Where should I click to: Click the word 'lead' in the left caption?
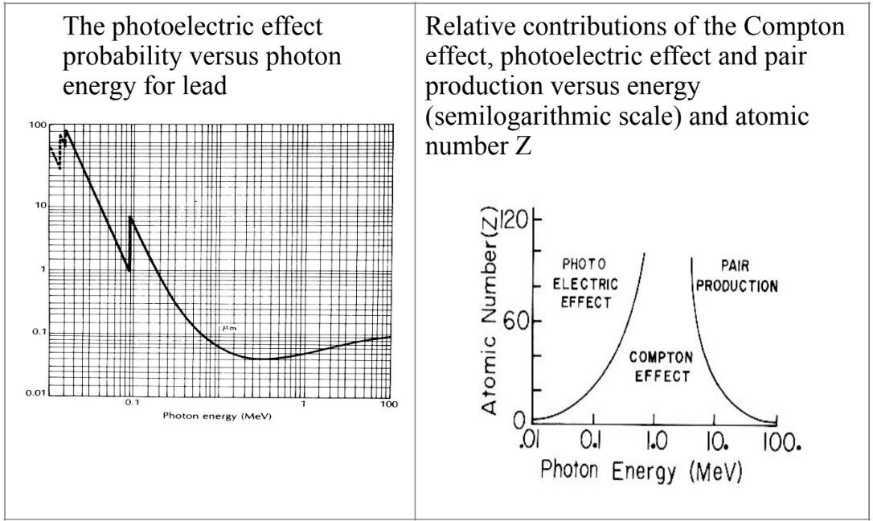tap(201, 84)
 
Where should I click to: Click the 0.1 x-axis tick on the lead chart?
tap(132, 403)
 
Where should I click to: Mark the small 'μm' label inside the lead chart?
tap(227, 328)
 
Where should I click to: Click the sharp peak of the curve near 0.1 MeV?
tap(130, 218)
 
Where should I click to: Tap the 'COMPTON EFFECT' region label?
tap(660, 367)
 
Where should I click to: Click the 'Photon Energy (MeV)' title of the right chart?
tap(641, 471)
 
